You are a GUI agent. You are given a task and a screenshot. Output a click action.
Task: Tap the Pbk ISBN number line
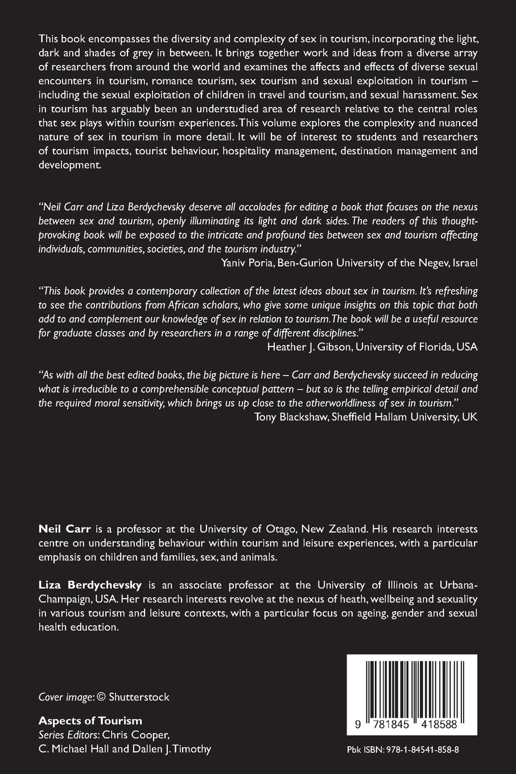click(403, 750)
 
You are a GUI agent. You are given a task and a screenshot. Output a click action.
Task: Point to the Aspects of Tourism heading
click(90, 721)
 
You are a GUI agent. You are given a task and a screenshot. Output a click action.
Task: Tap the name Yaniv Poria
click(247, 262)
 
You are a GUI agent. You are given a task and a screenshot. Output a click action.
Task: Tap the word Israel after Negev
click(465, 262)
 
